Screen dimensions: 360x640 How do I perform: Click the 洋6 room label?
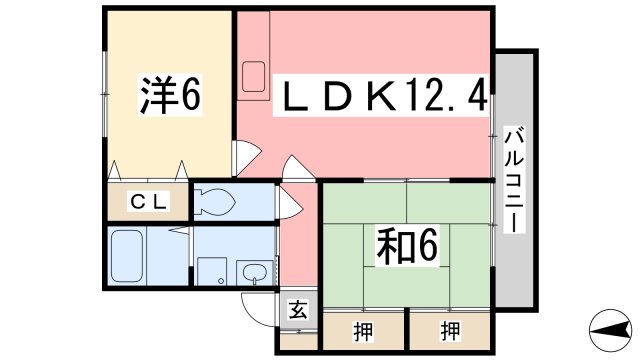coord(170,96)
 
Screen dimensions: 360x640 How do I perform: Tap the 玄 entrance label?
coord(298,310)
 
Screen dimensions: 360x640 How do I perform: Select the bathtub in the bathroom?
coord(129,256)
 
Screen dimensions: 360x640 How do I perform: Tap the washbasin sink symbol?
coord(253,271)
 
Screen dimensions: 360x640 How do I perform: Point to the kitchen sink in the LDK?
coord(254,76)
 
